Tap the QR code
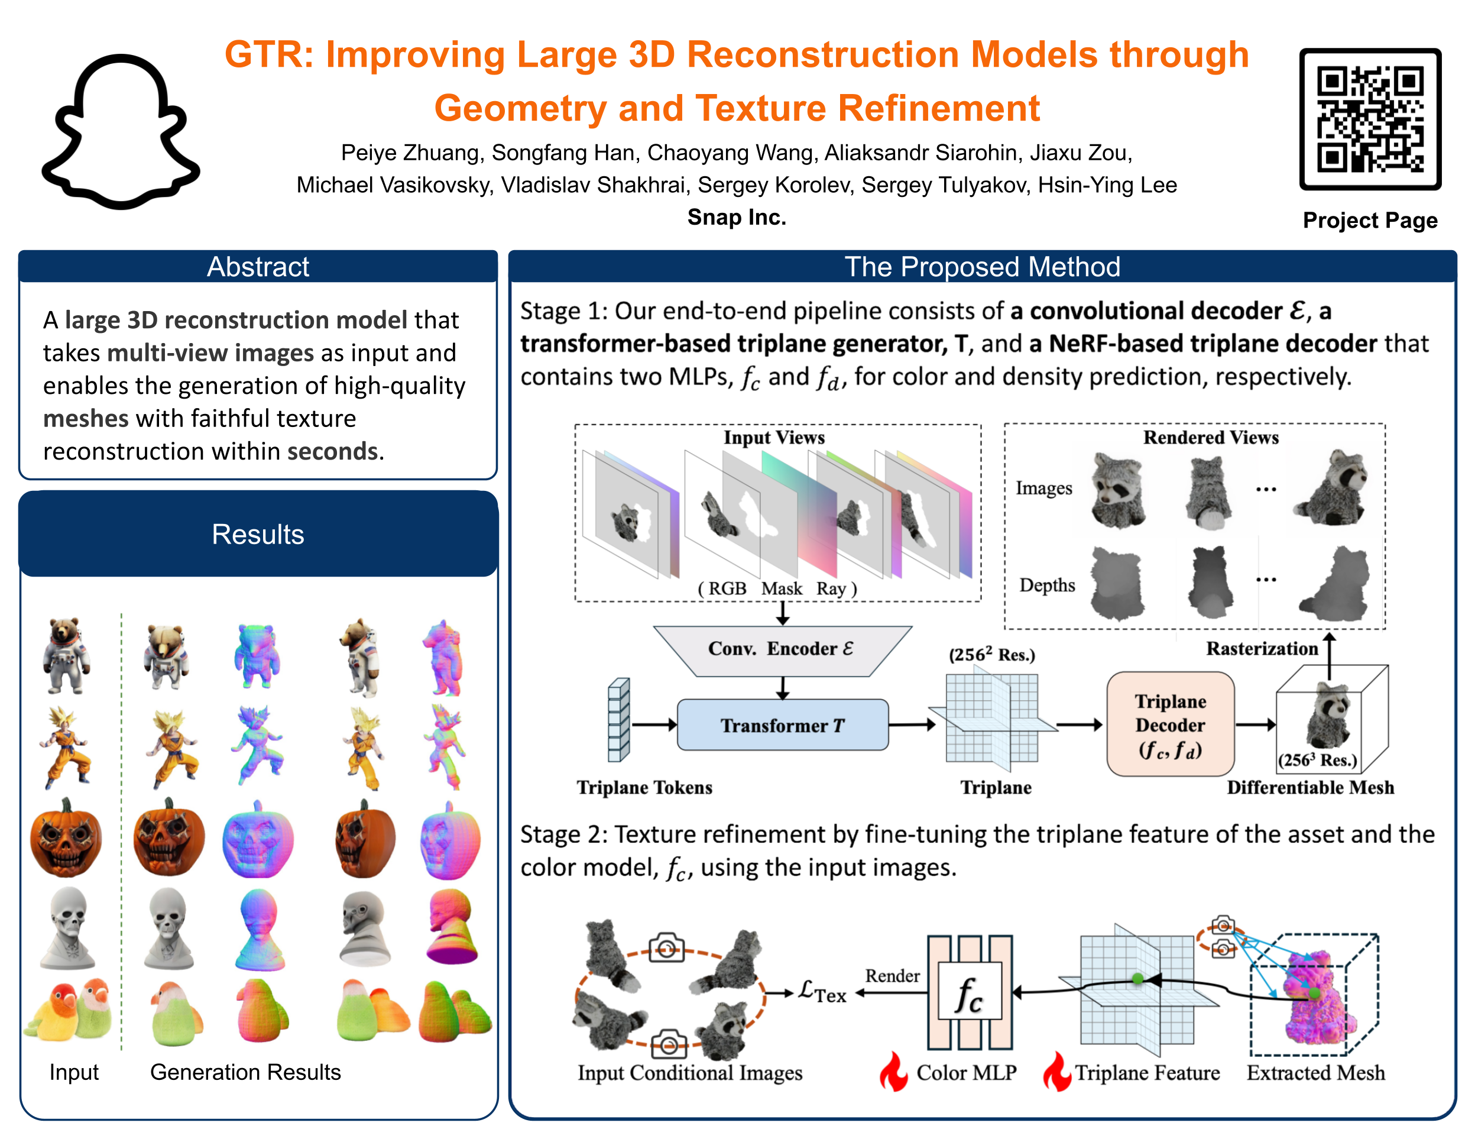point(1370,120)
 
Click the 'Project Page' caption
point(1370,221)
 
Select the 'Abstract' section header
point(258,267)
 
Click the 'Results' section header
point(258,534)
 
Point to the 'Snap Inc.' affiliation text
point(736,217)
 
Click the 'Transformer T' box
point(782,725)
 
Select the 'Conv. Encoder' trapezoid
point(782,649)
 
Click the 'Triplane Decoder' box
point(1170,724)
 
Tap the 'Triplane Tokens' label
point(644,787)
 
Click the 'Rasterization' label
point(1262,649)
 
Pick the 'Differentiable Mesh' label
point(1310,787)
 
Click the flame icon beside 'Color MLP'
point(894,1072)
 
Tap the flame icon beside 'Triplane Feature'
point(1057,1072)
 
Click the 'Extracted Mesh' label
point(1315,1073)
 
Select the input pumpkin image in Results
point(66,838)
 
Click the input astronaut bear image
point(65,655)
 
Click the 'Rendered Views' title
point(1211,437)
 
